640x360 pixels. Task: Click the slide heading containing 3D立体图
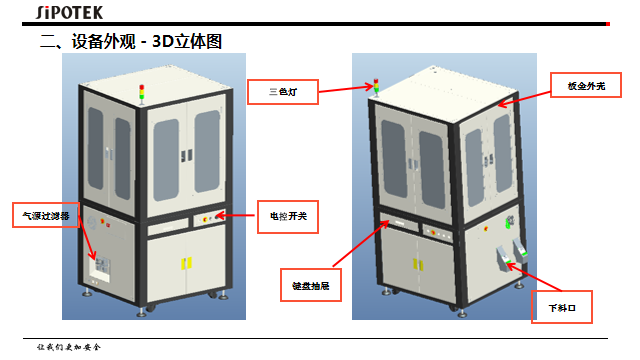(x=130, y=42)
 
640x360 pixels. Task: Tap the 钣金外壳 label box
(x=587, y=87)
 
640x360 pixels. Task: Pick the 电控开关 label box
(x=287, y=215)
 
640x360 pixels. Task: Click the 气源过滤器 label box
(x=45, y=214)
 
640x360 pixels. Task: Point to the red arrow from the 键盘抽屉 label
(x=365, y=247)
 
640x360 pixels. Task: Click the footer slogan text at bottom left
(x=69, y=346)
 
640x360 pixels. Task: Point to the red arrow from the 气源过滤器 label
(x=87, y=245)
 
